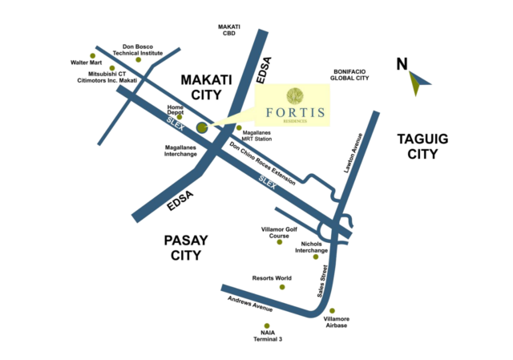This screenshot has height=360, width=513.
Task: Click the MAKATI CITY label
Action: click(200, 87)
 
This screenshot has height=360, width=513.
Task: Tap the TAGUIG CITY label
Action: click(422, 147)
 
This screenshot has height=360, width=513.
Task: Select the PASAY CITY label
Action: click(185, 247)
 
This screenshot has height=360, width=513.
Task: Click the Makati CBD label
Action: click(229, 30)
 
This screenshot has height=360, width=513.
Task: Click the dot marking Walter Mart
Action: click(93, 55)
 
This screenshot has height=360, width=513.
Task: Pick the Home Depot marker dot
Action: click(178, 115)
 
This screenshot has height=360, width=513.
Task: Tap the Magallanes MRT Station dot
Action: click(238, 129)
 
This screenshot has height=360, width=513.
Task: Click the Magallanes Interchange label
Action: click(180, 149)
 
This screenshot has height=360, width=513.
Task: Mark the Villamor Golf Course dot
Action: click(280, 241)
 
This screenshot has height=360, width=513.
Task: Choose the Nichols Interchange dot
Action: click(316, 257)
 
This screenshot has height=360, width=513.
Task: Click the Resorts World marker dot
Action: click(282, 286)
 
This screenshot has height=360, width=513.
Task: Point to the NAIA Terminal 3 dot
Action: click(266, 326)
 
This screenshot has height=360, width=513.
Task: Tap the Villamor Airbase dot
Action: click(332, 311)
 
